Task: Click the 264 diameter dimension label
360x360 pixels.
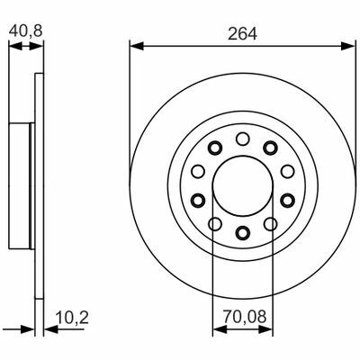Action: point(242,33)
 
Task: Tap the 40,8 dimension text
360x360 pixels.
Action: point(25,31)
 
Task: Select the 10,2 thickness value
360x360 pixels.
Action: point(72,318)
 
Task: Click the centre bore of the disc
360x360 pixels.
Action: point(243,185)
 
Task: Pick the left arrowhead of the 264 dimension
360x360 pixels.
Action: point(137,46)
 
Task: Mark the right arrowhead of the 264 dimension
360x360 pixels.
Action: point(348,46)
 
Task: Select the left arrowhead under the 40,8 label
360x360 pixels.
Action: point(15,47)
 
